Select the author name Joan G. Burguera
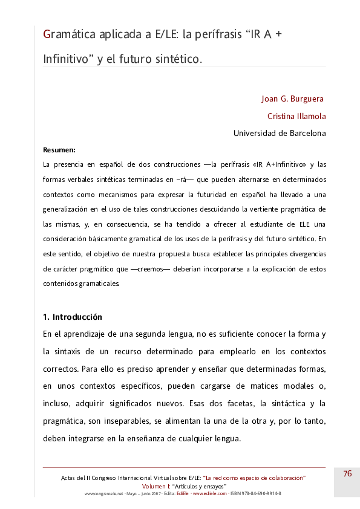click(x=293, y=99)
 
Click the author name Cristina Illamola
click(x=296, y=116)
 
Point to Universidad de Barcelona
click(x=280, y=134)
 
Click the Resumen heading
click(x=59, y=149)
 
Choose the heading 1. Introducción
click(x=73, y=317)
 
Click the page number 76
click(x=347, y=474)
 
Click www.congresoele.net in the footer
click(x=104, y=493)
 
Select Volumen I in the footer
click(x=156, y=486)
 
